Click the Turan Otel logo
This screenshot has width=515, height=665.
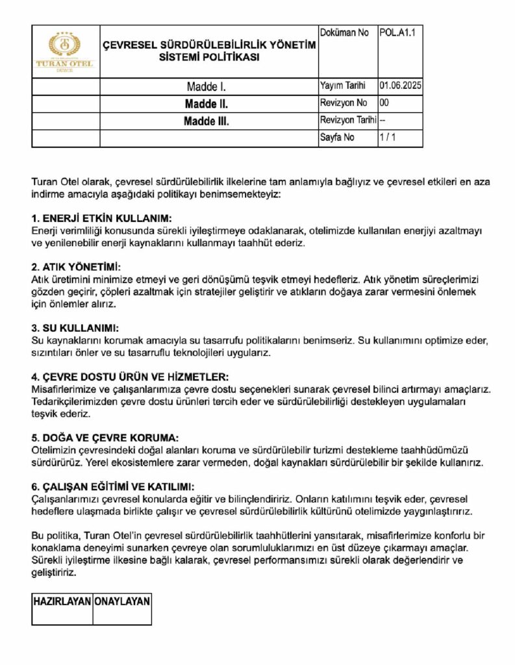[x=65, y=51]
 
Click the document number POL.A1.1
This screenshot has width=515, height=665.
[x=396, y=32]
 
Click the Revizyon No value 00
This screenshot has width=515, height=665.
[x=384, y=103]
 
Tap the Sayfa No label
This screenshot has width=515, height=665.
[x=337, y=138]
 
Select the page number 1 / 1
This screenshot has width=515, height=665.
[x=388, y=138]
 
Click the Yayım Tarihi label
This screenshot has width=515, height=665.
[x=343, y=85]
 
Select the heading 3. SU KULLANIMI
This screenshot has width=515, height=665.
[x=75, y=328]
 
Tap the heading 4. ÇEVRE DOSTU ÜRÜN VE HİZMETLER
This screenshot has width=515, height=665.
[x=130, y=377]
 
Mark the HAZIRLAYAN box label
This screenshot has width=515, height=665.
[x=62, y=601]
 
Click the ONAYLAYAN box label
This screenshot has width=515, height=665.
[x=122, y=601]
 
